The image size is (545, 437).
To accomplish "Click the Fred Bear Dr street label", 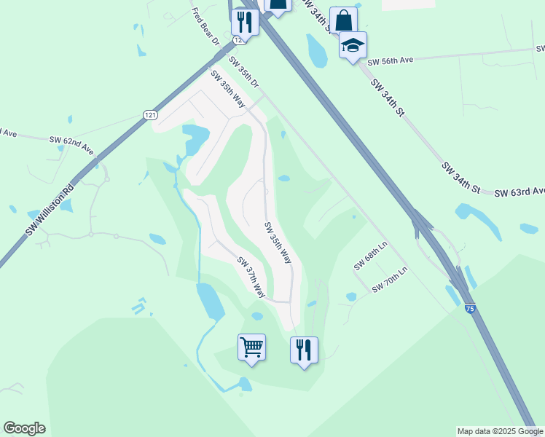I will (x=204, y=27).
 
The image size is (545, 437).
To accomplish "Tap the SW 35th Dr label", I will (x=244, y=72).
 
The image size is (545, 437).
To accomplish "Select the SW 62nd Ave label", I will (x=71, y=144).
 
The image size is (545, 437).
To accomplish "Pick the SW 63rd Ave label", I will (x=519, y=192).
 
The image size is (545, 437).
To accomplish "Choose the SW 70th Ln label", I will (x=390, y=280).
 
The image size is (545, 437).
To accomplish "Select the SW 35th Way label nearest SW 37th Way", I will (x=278, y=243).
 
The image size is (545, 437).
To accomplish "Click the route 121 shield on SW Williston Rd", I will (x=150, y=115).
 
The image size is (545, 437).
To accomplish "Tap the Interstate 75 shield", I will (x=470, y=309).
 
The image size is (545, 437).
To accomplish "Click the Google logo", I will (x=24, y=428).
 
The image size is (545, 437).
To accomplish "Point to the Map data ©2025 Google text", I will (x=499, y=431).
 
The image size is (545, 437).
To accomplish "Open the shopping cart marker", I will (x=251, y=347).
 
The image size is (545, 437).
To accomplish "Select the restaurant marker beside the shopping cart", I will (x=303, y=350).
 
